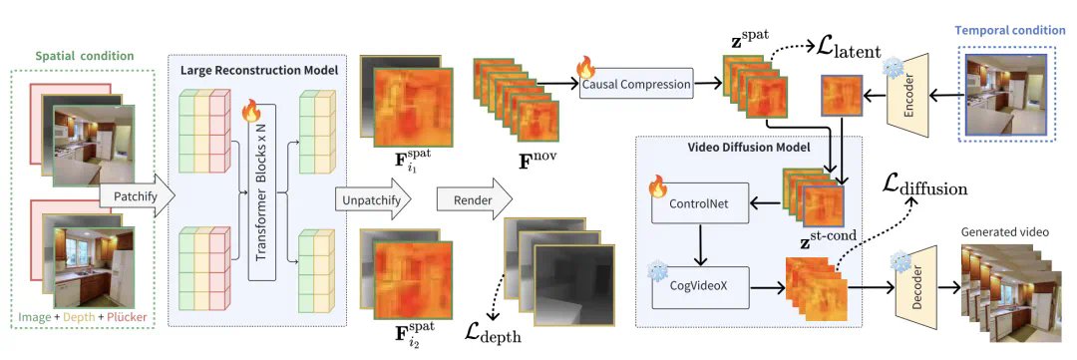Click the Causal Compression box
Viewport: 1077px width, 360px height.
[635, 85]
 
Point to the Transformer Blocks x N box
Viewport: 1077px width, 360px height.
[262, 193]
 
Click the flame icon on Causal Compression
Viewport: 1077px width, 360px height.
[585, 68]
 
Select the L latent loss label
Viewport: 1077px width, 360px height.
[850, 50]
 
